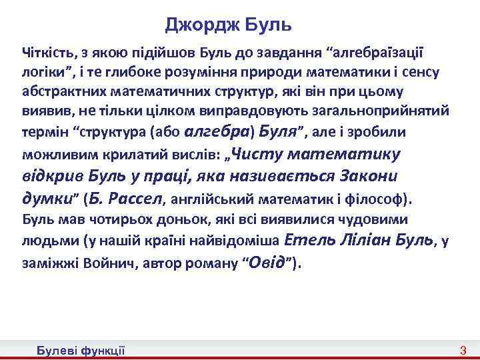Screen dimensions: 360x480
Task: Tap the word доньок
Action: click(177, 219)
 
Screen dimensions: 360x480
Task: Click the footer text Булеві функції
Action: click(81, 351)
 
